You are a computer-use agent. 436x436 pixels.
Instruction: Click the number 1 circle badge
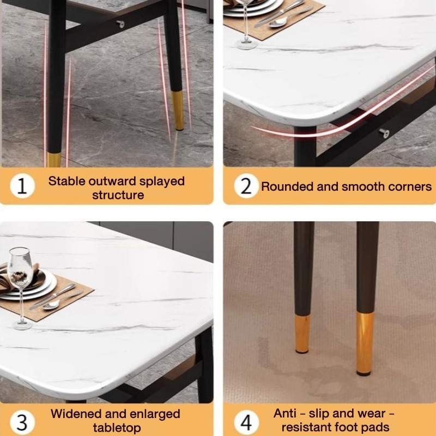[x=22, y=186]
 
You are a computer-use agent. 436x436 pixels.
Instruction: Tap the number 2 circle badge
[x=246, y=186]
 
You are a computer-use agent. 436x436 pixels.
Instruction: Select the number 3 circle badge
[x=22, y=422]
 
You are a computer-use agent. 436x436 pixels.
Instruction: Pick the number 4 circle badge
[x=246, y=422]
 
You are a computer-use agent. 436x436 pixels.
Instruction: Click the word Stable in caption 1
[x=66, y=181]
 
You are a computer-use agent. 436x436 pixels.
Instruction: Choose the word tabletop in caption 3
[x=117, y=428]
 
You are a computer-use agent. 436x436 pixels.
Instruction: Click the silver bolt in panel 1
[x=120, y=24]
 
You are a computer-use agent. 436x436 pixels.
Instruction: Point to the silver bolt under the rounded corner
[x=384, y=133]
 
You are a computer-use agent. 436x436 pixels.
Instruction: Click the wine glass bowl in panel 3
[x=20, y=268]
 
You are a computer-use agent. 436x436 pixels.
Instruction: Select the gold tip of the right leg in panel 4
[x=365, y=344]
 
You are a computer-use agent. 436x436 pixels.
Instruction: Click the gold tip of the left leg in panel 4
[x=302, y=334]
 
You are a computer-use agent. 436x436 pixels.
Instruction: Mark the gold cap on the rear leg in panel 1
[x=178, y=111]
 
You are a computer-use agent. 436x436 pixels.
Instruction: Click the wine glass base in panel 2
[x=246, y=45]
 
